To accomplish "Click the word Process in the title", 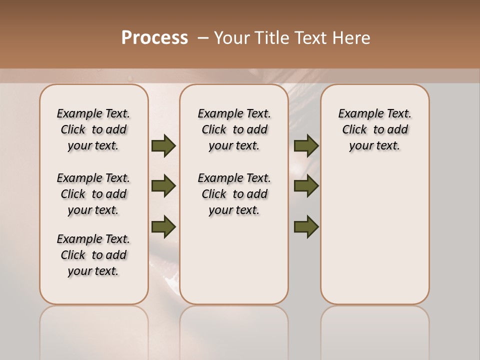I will [x=154, y=38].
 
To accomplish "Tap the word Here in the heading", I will [x=352, y=38].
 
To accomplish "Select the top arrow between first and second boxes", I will [x=163, y=146].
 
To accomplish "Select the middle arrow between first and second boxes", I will [x=163, y=186].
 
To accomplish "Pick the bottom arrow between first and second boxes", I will [x=163, y=226].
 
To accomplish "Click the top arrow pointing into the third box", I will [x=306, y=146].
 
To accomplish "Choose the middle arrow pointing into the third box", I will [x=306, y=186].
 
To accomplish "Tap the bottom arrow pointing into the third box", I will [x=306, y=226].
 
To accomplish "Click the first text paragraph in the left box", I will [x=93, y=129].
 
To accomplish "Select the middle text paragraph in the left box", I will [x=93, y=194].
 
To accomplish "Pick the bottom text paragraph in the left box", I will [x=93, y=255].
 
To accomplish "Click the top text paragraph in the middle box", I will [x=234, y=129].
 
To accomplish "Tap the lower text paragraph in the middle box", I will [x=234, y=194].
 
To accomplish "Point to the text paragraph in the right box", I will [x=374, y=129].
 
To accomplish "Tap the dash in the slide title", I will [x=203, y=38].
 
